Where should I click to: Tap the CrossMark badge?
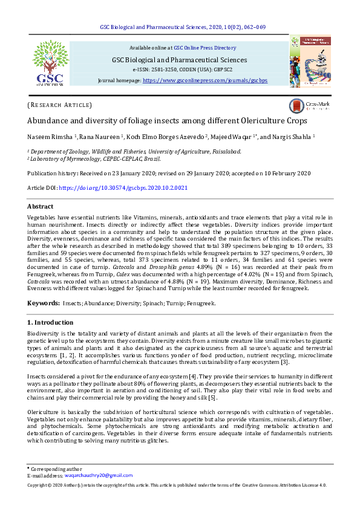pyautogui.click(x=310, y=105)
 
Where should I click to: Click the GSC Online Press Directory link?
pyautogui.click(x=205, y=47)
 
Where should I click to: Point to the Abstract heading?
pyautogui.click(x=41, y=206)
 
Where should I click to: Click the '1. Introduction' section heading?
pyautogui.click(x=51, y=323)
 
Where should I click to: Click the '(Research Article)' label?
pyautogui.click(x=60, y=105)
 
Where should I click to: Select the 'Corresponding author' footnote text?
pyautogui.click(x=56, y=468)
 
